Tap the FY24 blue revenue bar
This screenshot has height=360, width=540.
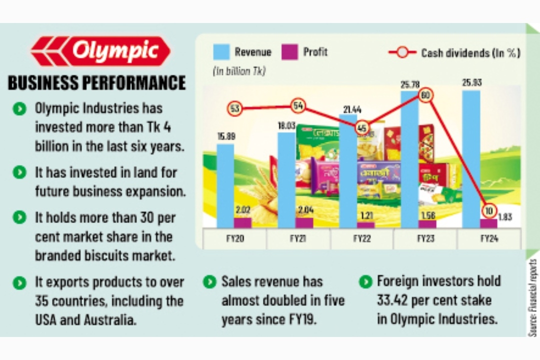471,155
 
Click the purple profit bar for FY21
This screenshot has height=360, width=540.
304,223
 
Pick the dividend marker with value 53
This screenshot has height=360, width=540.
235,108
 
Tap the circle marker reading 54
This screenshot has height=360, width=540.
298,106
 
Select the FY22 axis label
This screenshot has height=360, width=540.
362,238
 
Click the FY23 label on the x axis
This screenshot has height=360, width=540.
425,238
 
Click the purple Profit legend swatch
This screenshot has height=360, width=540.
289,52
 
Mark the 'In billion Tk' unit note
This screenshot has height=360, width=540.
239,71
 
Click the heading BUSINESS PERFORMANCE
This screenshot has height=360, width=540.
96,82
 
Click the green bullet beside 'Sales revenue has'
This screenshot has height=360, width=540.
209,282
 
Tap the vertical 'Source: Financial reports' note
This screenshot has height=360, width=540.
532,297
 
